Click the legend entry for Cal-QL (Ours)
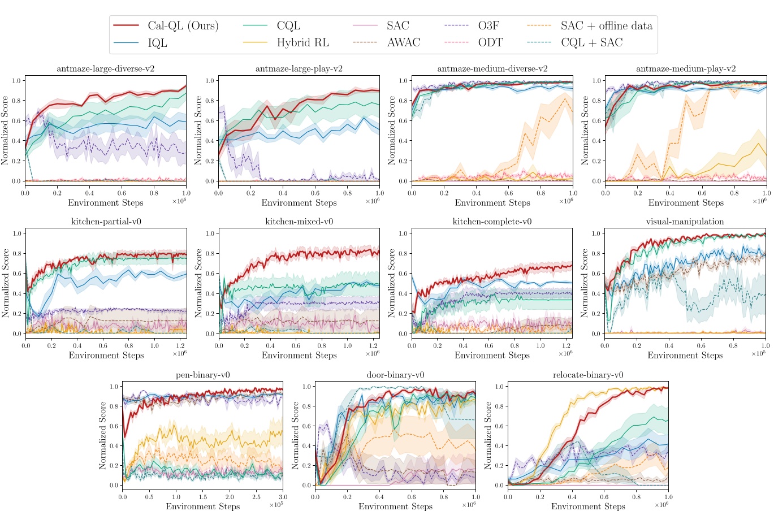tap(183, 26)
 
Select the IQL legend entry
tap(157, 43)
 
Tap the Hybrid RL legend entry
tap(302, 43)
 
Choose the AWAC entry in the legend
tap(404, 43)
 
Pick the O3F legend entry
tap(488, 26)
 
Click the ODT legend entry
tap(490, 43)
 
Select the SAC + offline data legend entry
tap(606, 26)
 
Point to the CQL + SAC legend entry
tap(591, 43)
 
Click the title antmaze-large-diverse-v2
tap(106, 69)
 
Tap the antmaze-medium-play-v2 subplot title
tap(686, 69)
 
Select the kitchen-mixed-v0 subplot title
tap(299, 222)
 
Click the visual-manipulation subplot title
tap(685, 222)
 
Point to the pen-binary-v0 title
tap(203, 375)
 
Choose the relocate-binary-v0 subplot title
tap(588, 375)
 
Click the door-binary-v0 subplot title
tap(395, 375)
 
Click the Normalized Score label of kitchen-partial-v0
tap(6, 283)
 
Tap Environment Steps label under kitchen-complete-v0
tap(492, 356)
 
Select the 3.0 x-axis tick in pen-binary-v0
tap(283, 496)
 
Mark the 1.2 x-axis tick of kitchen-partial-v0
tap(180, 344)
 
